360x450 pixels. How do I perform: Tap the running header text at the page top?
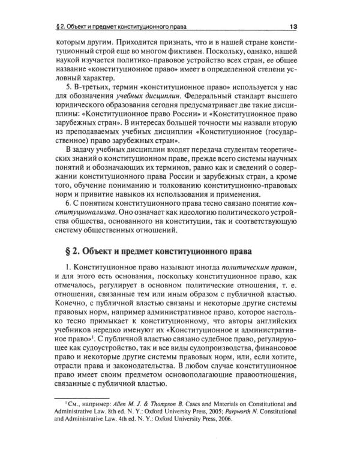121,26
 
